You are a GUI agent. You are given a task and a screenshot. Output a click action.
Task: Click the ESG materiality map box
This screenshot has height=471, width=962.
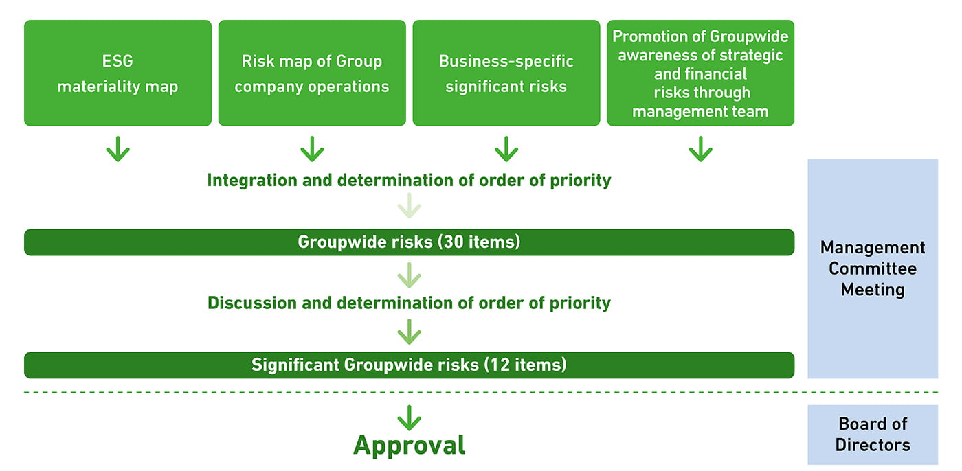click(x=118, y=73)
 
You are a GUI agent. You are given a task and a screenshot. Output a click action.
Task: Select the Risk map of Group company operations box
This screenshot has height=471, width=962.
click(x=312, y=73)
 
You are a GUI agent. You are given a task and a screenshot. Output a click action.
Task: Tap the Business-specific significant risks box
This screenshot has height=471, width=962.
click(x=506, y=73)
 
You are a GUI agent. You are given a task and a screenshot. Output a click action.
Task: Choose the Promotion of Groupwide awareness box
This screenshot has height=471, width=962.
click(x=700, y=73)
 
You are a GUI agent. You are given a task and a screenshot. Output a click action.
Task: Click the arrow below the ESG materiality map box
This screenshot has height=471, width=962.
click(x=118, y=149)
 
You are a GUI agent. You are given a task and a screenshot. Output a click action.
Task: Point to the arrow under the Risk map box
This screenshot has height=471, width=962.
click(x=312, y=149)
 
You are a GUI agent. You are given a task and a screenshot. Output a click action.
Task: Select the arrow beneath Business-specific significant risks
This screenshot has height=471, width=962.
click(x=506, y=149)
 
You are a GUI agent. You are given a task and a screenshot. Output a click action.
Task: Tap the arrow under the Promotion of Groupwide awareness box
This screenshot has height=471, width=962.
click(x=700, y=149)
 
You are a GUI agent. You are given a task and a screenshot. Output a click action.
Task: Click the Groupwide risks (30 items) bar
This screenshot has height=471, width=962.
click(x=410, y=242)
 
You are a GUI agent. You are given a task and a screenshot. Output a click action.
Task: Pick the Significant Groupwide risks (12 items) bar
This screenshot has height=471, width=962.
click(x=410, y=365)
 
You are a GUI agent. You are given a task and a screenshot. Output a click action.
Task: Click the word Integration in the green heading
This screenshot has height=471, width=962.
click(x=252, y=181)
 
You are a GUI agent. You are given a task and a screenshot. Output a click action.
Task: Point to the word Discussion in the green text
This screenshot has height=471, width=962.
click(x=252, y=303)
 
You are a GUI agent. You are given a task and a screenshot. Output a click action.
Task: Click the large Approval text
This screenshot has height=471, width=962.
click(x=410, y=446)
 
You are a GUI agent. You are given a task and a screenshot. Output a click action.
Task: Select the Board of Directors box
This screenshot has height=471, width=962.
click(x=873, y=435)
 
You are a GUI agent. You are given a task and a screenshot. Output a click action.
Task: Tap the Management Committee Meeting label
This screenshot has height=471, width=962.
click(x=873, y=268)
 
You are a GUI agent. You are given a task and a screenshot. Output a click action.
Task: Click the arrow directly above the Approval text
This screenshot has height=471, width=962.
click(x=410, y=418)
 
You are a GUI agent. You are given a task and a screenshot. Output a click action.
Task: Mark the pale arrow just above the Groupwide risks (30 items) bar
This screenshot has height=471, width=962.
click(x=410, y=205)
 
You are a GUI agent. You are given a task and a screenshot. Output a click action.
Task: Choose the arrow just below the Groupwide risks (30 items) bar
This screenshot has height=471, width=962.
click(x=410, y=275)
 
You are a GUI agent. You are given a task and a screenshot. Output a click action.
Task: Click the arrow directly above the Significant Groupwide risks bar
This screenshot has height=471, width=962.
click(x=410, y=332)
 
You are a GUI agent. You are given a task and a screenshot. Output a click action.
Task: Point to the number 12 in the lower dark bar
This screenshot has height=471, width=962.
click(x=500, y=365)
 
